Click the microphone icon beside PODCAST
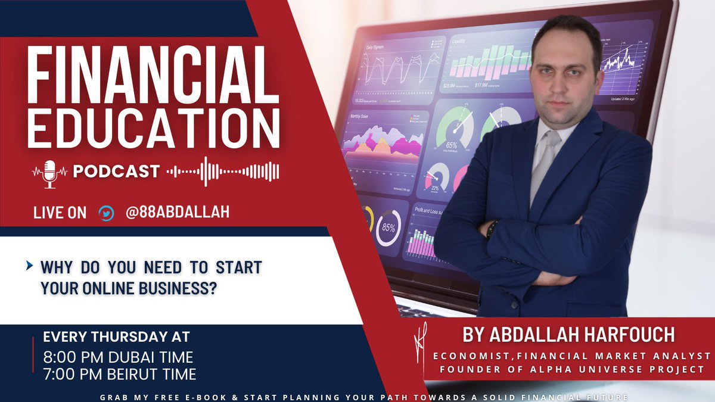coord(50,172)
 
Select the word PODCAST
coord(116,172)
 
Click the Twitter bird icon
coord(106,213)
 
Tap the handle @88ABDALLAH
coord(178,213)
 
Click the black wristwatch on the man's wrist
coord(492,229)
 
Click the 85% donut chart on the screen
coord(389,228)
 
